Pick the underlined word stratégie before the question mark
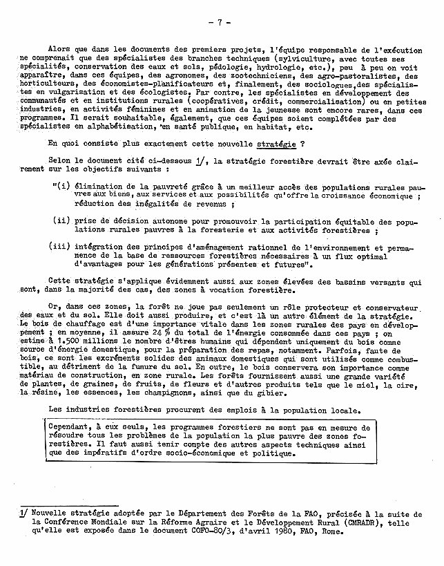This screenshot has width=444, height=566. (x=276, y=144)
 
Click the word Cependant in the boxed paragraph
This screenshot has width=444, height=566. (x=73, y=428)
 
